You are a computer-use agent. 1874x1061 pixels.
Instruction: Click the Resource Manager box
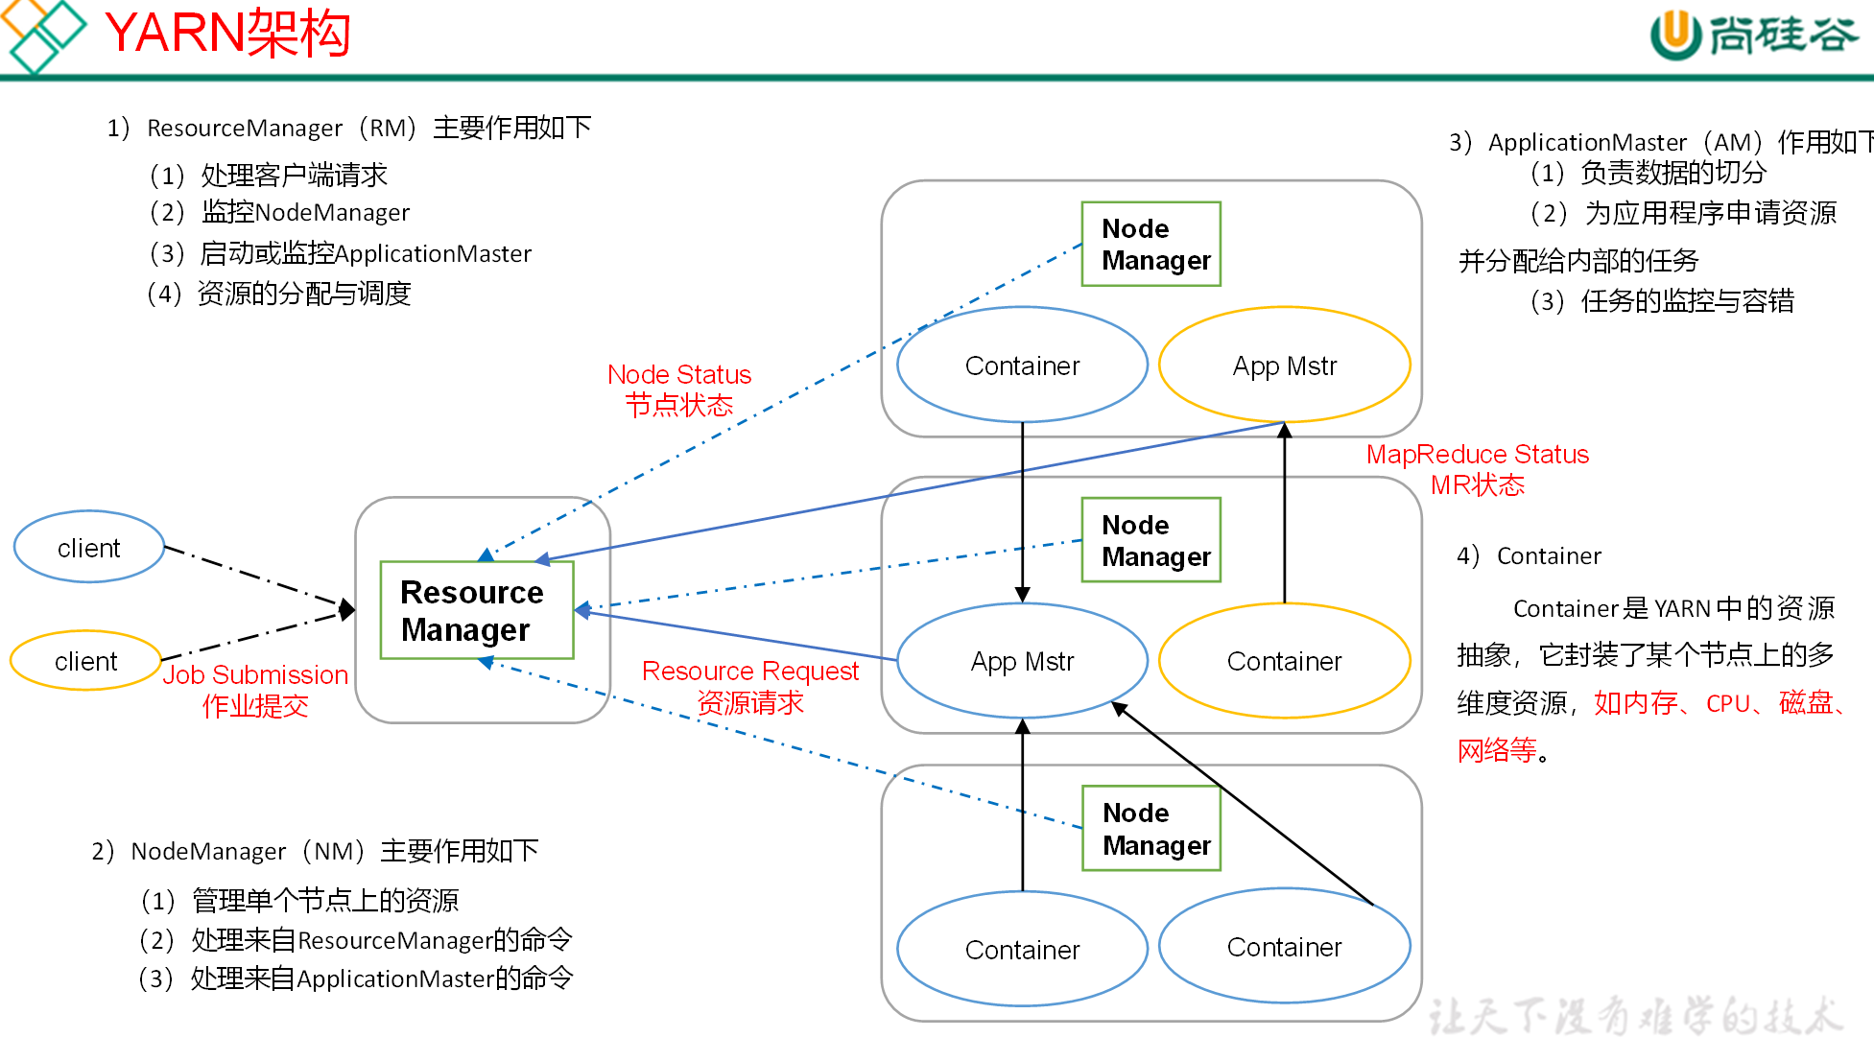pos(476,610)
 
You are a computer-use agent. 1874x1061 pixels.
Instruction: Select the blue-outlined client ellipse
pos(89,547)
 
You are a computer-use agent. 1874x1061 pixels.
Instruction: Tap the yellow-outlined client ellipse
pos(85,661)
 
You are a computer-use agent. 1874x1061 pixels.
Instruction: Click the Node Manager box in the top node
pos(1150,244)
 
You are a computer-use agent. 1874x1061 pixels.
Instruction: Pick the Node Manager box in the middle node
pos(1150,540)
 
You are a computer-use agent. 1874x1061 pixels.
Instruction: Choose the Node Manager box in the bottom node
pos(1150,829)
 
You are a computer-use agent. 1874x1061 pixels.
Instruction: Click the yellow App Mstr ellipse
pos(1284,365)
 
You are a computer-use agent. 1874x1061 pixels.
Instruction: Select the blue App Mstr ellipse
pos(1022,661)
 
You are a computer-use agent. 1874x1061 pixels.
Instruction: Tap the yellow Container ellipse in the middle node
pos(1284,661)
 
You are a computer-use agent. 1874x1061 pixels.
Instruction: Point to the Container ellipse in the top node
pos(1022,365)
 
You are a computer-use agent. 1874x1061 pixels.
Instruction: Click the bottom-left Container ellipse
pos(1022,950)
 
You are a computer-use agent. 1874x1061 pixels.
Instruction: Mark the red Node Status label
pos(679,389)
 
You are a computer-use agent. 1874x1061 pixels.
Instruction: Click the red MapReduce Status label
pos(1477,469)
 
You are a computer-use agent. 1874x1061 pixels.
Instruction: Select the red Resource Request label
pos(749,687)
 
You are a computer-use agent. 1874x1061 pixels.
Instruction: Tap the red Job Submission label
pos(255,690)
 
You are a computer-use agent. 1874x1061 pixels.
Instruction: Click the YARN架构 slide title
pos(227,34)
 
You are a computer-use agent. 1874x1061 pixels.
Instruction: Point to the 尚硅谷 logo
pos(1753,35)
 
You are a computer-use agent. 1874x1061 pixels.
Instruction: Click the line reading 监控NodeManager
pos(305,212)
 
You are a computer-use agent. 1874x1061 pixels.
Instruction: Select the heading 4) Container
pos(1529,556)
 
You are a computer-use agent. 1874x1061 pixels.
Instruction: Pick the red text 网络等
pos(1497,750)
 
